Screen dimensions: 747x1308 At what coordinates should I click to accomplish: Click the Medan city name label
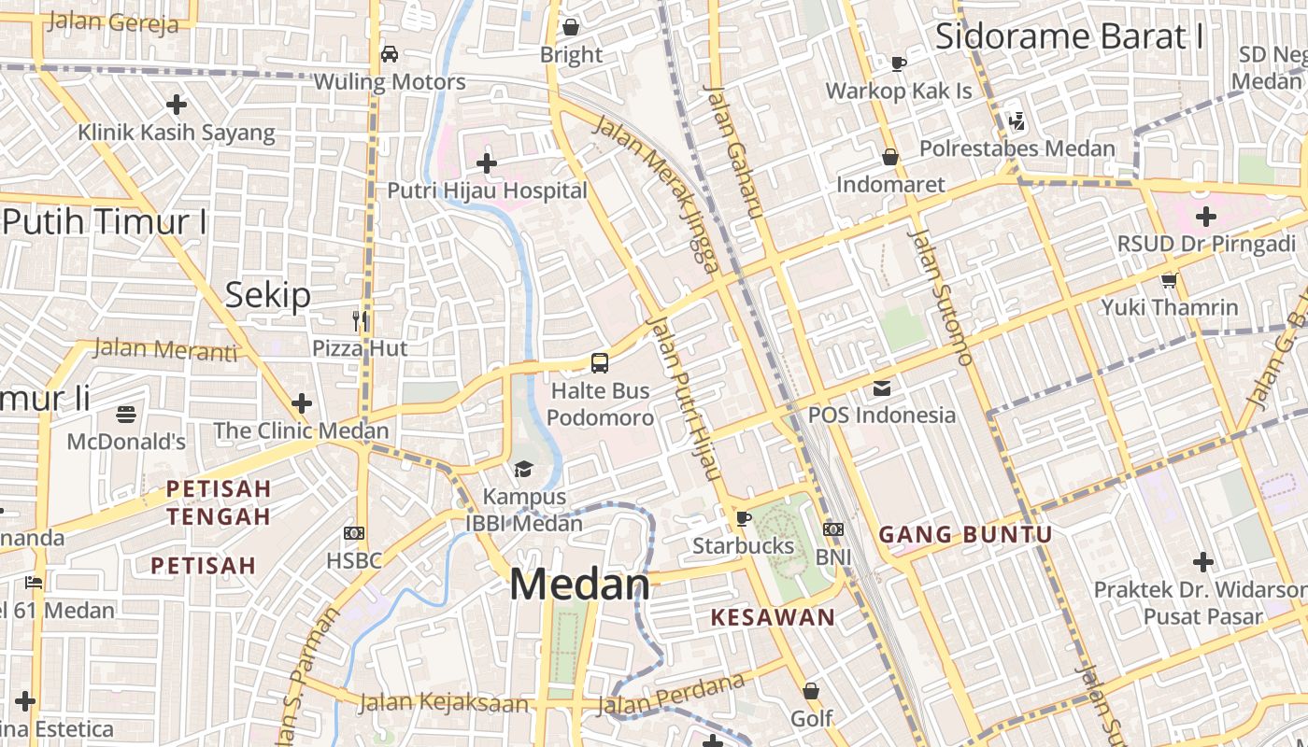tap(579, 585)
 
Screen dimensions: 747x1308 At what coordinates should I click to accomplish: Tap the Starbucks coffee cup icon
tap(744, 517)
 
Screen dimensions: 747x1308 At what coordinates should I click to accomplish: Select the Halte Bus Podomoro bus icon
tap(600, 363)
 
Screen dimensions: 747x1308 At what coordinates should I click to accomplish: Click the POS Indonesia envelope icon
tap(882, 388)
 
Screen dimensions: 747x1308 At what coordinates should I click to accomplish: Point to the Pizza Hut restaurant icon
tap(361, 321)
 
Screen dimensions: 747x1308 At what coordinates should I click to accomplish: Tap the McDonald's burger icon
tap(126, 414)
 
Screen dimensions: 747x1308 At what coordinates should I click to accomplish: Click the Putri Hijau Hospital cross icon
tap(487, 163)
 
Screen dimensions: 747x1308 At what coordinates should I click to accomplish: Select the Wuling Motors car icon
tap(390, 54)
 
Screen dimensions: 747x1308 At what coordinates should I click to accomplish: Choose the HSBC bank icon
tap(354, 533)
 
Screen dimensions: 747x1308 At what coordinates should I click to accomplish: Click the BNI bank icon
tap(833, 529)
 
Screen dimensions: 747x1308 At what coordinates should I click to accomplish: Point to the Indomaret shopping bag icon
tap(890, 157)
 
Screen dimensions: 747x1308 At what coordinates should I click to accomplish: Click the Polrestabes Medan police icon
tap(1017, 120)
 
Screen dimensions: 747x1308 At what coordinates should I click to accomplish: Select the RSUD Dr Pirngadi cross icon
tap(1206, 217)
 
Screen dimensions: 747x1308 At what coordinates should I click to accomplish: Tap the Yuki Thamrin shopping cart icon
tap(1169, 280)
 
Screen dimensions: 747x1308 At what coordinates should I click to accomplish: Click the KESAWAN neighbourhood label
tap(773, 617)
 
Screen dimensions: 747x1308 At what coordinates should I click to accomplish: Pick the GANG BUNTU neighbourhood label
tap(966, 535)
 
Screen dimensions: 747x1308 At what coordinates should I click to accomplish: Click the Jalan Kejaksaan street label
tap(444, 702)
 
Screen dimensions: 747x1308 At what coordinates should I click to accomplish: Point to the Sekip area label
tap(268, 296)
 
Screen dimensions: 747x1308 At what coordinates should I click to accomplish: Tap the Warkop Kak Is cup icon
tap(899, 63)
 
